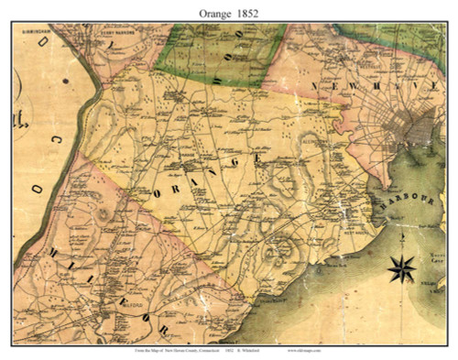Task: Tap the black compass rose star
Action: click(x=400, y=269)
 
